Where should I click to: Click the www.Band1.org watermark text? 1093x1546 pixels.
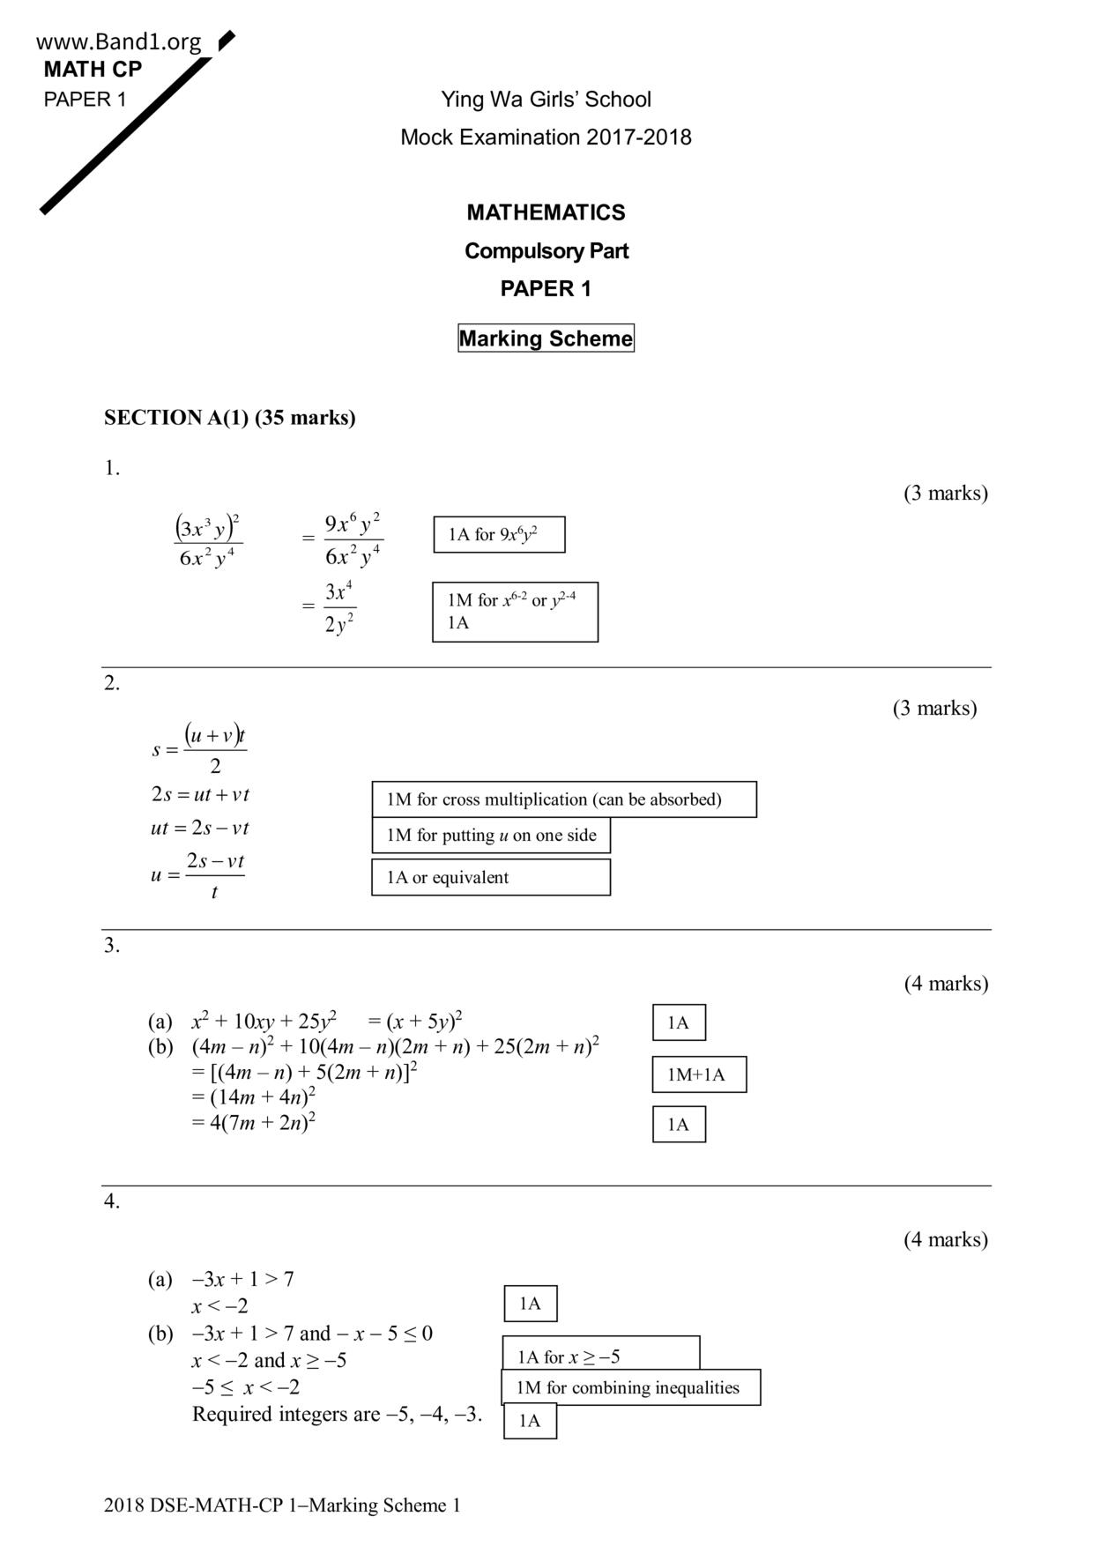pyautogui.click(x=119, y=41)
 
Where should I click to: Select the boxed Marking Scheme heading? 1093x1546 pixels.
pyautogui.click(x=546, y=338)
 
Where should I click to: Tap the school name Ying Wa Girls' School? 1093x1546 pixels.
pyautogui.click(x=546, y=100)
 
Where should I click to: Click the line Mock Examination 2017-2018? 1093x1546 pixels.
pyautogui.click(x=546, y=138)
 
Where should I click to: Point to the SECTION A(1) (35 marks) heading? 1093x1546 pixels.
pyautogui.click(x=230, y=418)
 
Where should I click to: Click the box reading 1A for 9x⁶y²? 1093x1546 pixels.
pyautogui.click(x=499, y=535)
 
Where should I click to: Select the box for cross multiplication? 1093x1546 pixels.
pyautogui.click(x=563, y=799)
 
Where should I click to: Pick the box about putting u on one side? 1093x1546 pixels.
pyautogui.click(x=490, y=836)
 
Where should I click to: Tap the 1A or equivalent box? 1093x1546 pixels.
pyautogui.click(x=490, y=878)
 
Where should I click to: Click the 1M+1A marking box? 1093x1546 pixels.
pyautogui.click(x=699, y=1074)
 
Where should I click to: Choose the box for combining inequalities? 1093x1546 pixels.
pyautogui.click(x=629, y=1388)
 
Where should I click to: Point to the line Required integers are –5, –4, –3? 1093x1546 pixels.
pyautogui.click(x=337, y=1415)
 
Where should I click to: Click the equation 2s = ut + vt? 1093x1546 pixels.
pyautogui.click(x=200, y=795)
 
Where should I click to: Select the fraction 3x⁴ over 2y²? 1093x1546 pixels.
pyautogui.click(x=339, y=607)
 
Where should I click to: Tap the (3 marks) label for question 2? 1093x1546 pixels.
pyautogui.click(x=934, y=709)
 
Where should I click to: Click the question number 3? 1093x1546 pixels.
pyautogui.click(x=112, y=946)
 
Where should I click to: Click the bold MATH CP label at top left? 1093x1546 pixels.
pyautogui.click(x=93, y=70)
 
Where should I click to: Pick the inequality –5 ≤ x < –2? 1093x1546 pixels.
pyautogui.click(x=246, y=1388)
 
